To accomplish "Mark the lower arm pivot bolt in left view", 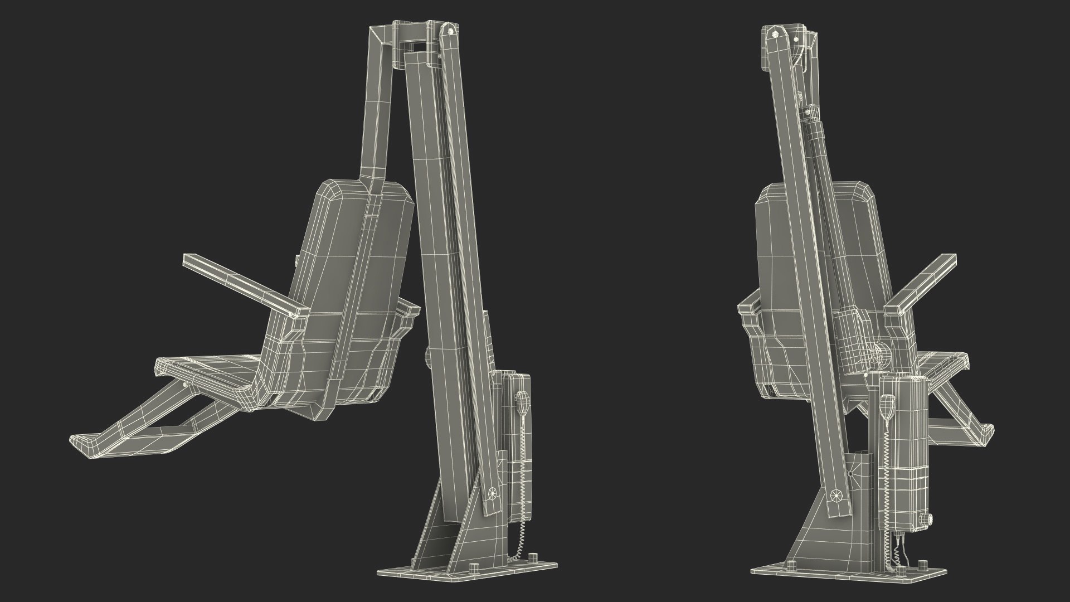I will (492, 492).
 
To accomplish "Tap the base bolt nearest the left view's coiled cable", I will (533, 558).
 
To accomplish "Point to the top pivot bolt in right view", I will (776, 34).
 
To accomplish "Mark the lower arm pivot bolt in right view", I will (835, 494).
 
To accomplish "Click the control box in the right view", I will (904, 446).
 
